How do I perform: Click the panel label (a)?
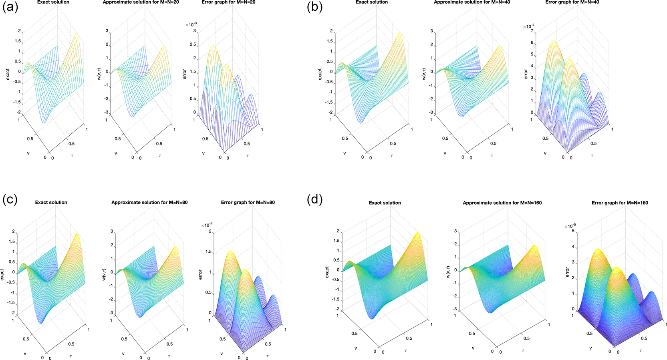point(10,7)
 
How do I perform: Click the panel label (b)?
point(314,7)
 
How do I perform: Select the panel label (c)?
point(10,199)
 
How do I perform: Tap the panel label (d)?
point(314,199)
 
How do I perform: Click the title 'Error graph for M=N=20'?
point(228,2)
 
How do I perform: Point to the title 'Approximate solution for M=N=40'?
point(472,2)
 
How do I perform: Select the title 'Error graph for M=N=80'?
point(248,202)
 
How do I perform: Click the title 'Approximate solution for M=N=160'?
point(502,203)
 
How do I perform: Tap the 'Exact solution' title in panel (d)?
point(385,203)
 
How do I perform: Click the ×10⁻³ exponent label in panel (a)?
point(191,25)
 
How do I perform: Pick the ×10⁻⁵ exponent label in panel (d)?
point(570,226)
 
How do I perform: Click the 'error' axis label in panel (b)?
point(526,74)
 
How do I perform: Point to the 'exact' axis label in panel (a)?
point(8,74)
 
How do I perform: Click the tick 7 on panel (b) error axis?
point(532,31)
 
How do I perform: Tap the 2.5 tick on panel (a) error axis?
point(193,44)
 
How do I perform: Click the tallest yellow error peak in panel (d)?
point(598,250)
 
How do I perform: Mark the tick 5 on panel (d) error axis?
point(573,231)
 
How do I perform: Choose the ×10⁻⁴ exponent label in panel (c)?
point(207,225)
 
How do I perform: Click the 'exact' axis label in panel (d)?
point(327,273)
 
